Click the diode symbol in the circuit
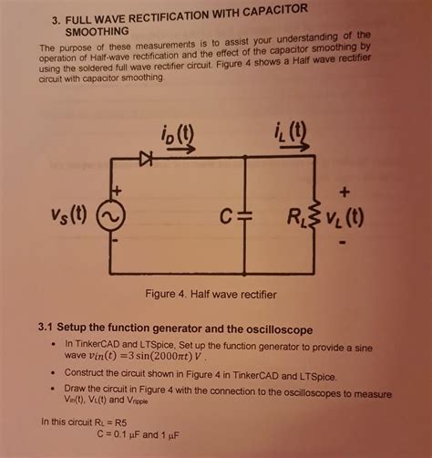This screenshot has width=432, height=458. tap(146, 159)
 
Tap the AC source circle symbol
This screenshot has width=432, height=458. tap(110, 215)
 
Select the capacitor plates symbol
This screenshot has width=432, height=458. tap(245, 215)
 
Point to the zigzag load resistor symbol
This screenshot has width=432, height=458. tap(314, 215)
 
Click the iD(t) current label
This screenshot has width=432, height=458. tap(177, 133)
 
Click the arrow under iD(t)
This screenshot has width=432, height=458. tap(181, 149)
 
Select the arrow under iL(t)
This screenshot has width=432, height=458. tap(294, 147)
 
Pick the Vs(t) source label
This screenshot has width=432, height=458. tap(69, 214)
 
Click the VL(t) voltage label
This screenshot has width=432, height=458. tap(345, 218)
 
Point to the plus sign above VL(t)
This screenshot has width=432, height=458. tap(345, 192)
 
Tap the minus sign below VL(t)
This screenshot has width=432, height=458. tap(343, 243)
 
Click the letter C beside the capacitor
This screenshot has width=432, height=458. tap(226, 216)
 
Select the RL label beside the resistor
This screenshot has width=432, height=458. tap(298, 217)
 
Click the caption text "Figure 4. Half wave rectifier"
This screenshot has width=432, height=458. tap(211, 295)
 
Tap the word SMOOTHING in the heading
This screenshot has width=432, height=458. tap(97, 32)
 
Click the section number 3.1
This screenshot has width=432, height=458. tap(46, 327)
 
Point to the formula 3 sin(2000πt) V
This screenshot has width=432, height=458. tap(165, 356)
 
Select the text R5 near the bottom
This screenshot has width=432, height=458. tap(120, 422)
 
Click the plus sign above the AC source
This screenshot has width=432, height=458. tap(117, 191)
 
